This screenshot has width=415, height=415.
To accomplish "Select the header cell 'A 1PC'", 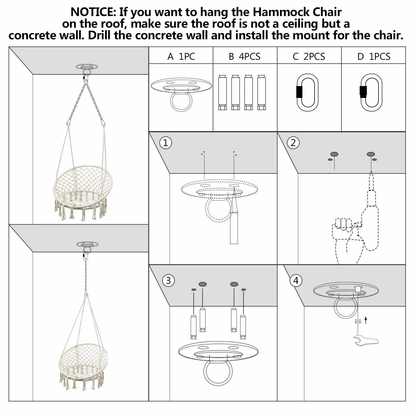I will click(x=181, y=56).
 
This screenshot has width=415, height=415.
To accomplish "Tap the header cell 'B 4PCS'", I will click(x=245, y=56).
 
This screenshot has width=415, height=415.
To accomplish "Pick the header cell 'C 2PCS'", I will click(x=309, y=56).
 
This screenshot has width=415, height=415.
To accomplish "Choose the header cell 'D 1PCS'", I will click(x=373, y=56).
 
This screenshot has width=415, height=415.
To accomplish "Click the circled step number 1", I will click(x=166, y=143).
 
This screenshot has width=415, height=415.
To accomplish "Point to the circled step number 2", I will click(x=293, y=143).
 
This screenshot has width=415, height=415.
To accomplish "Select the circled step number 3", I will click(x=168, y=281).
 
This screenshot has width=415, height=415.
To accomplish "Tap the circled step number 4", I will click(x=296, y=281).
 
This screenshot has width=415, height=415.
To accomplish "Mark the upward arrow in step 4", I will click(x=366, y=320).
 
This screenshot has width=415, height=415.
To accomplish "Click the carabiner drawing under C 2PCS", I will click(x=307, y=92).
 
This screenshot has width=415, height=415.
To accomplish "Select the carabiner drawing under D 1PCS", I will click(x=371, y=92).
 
